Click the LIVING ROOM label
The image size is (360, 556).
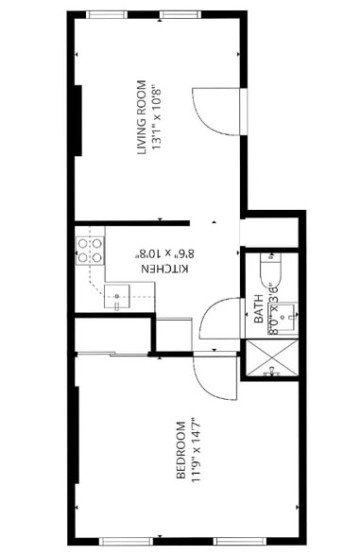tap(143, 117)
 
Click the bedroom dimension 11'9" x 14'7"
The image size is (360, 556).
tap(196, 450)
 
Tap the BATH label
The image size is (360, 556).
tap(259, 310)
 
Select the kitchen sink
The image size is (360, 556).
tap(118, 296)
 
